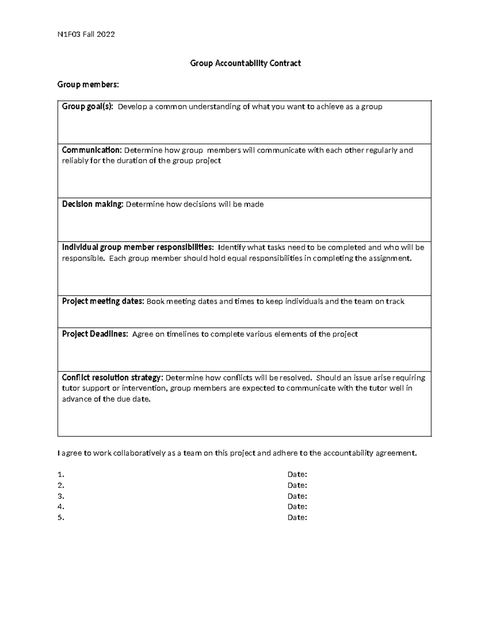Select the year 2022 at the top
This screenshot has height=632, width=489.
(x=106, y=34)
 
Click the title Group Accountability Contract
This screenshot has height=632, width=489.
(x=245, y=63)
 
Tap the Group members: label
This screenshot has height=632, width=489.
(x=88, y=85)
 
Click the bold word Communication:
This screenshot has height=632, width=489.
(x=92, y=150)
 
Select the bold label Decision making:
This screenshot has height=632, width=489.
(x=93, y=204)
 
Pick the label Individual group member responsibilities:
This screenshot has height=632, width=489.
(x=137, y=247)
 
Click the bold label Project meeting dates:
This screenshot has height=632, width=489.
(x=103, y=302)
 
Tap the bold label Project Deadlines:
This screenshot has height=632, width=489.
(x=95, y=334)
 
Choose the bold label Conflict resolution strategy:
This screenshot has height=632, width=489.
(x=112, y=378)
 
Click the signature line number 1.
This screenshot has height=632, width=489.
(x=61, y=475)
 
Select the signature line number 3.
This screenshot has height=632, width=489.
(x=61, y=496)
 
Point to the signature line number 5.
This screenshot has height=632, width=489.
(x=61, y=518)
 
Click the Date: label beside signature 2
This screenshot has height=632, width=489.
(x=297, y=485)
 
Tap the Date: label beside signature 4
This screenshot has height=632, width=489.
(x=297, y=507)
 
